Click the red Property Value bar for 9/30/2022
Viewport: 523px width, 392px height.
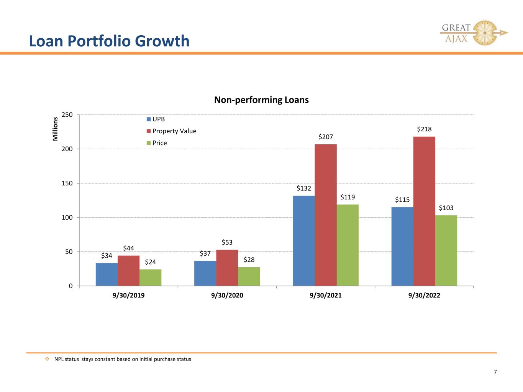[424, 211]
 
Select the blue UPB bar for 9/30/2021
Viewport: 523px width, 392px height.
[304, 241]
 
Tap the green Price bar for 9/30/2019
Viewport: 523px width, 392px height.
[150, 278]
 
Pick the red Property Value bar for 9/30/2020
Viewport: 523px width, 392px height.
[227, 268]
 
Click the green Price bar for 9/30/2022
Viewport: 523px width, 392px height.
[446, 251]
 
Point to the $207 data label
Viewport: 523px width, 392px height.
[326, 137]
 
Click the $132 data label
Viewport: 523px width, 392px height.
[304, 188]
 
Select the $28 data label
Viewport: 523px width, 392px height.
[249, 260]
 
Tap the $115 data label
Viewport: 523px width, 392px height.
[402, 200]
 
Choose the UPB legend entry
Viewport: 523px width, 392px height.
[156, 119]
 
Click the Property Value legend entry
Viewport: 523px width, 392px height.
[171, 131]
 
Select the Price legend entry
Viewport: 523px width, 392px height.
[157, 143]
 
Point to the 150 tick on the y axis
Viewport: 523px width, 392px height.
[67, 183]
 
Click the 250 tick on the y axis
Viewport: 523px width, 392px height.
[67, 115]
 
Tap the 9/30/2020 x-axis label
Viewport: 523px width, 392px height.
[227, 296]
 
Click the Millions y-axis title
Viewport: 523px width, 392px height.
[55, 129]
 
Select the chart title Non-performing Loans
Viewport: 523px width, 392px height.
[261, 100]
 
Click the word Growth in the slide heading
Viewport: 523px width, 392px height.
[162, 41]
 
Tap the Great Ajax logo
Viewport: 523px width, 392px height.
[474, 33]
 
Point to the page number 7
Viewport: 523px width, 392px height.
[495, 372]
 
